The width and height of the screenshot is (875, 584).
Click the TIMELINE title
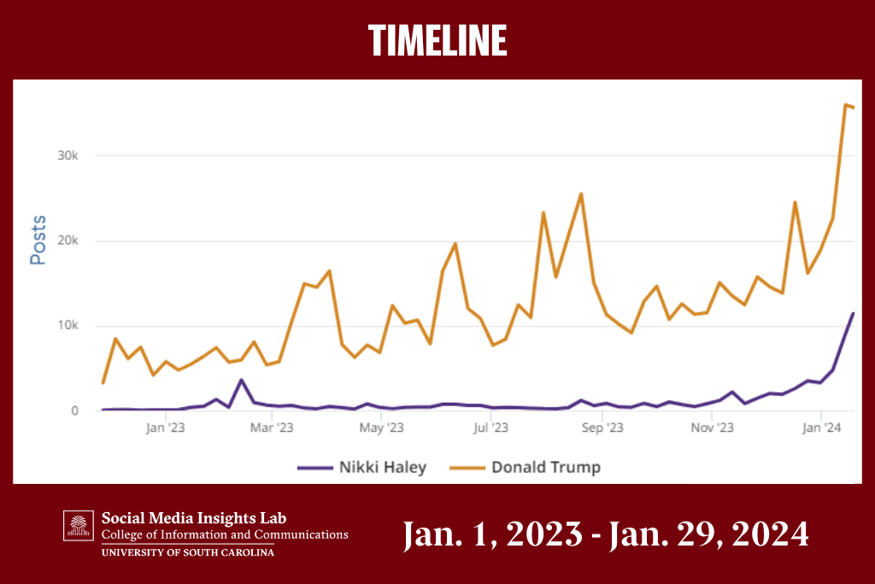point(437,40)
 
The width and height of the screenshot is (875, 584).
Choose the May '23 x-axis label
point(383,428)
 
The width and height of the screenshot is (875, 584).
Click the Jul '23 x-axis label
point(492,428)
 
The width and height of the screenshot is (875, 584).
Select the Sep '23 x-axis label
point(603,428)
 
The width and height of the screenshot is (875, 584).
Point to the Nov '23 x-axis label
point(712,428)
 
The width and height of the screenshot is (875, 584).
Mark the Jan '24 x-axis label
point(821,428)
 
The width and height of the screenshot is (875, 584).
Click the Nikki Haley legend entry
point(361,467)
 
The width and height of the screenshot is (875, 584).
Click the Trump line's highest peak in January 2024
point(845,105)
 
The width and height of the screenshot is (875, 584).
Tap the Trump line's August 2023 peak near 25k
point(581,194)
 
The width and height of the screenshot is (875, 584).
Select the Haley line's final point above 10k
point(852,314)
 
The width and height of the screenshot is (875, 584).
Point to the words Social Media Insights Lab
point(194,517)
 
